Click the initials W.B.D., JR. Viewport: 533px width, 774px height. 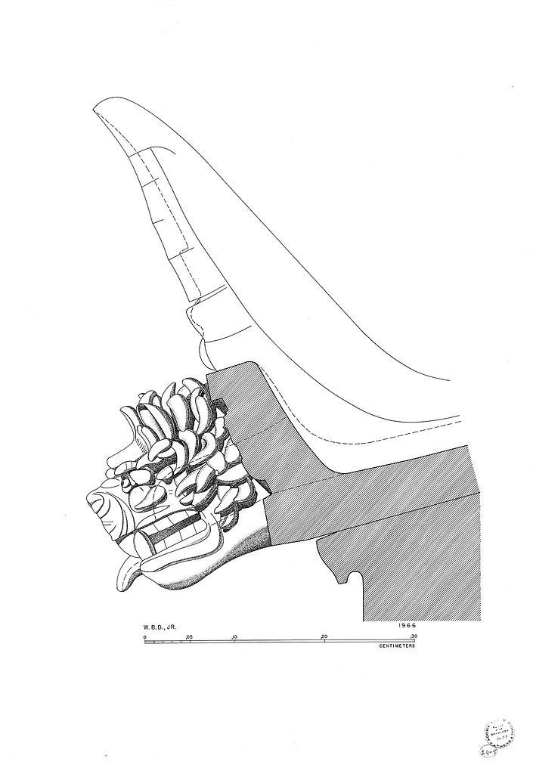162,627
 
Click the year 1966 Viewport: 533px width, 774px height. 406,626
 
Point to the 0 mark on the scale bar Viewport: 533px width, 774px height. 144,637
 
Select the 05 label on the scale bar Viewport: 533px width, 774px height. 189,637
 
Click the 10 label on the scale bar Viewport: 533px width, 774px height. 234,637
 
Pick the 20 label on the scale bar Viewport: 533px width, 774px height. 324,637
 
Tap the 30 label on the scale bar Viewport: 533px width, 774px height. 414,637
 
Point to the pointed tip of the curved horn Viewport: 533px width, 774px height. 96,111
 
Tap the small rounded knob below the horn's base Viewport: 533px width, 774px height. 203,348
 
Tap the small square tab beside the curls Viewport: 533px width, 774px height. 223,407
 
